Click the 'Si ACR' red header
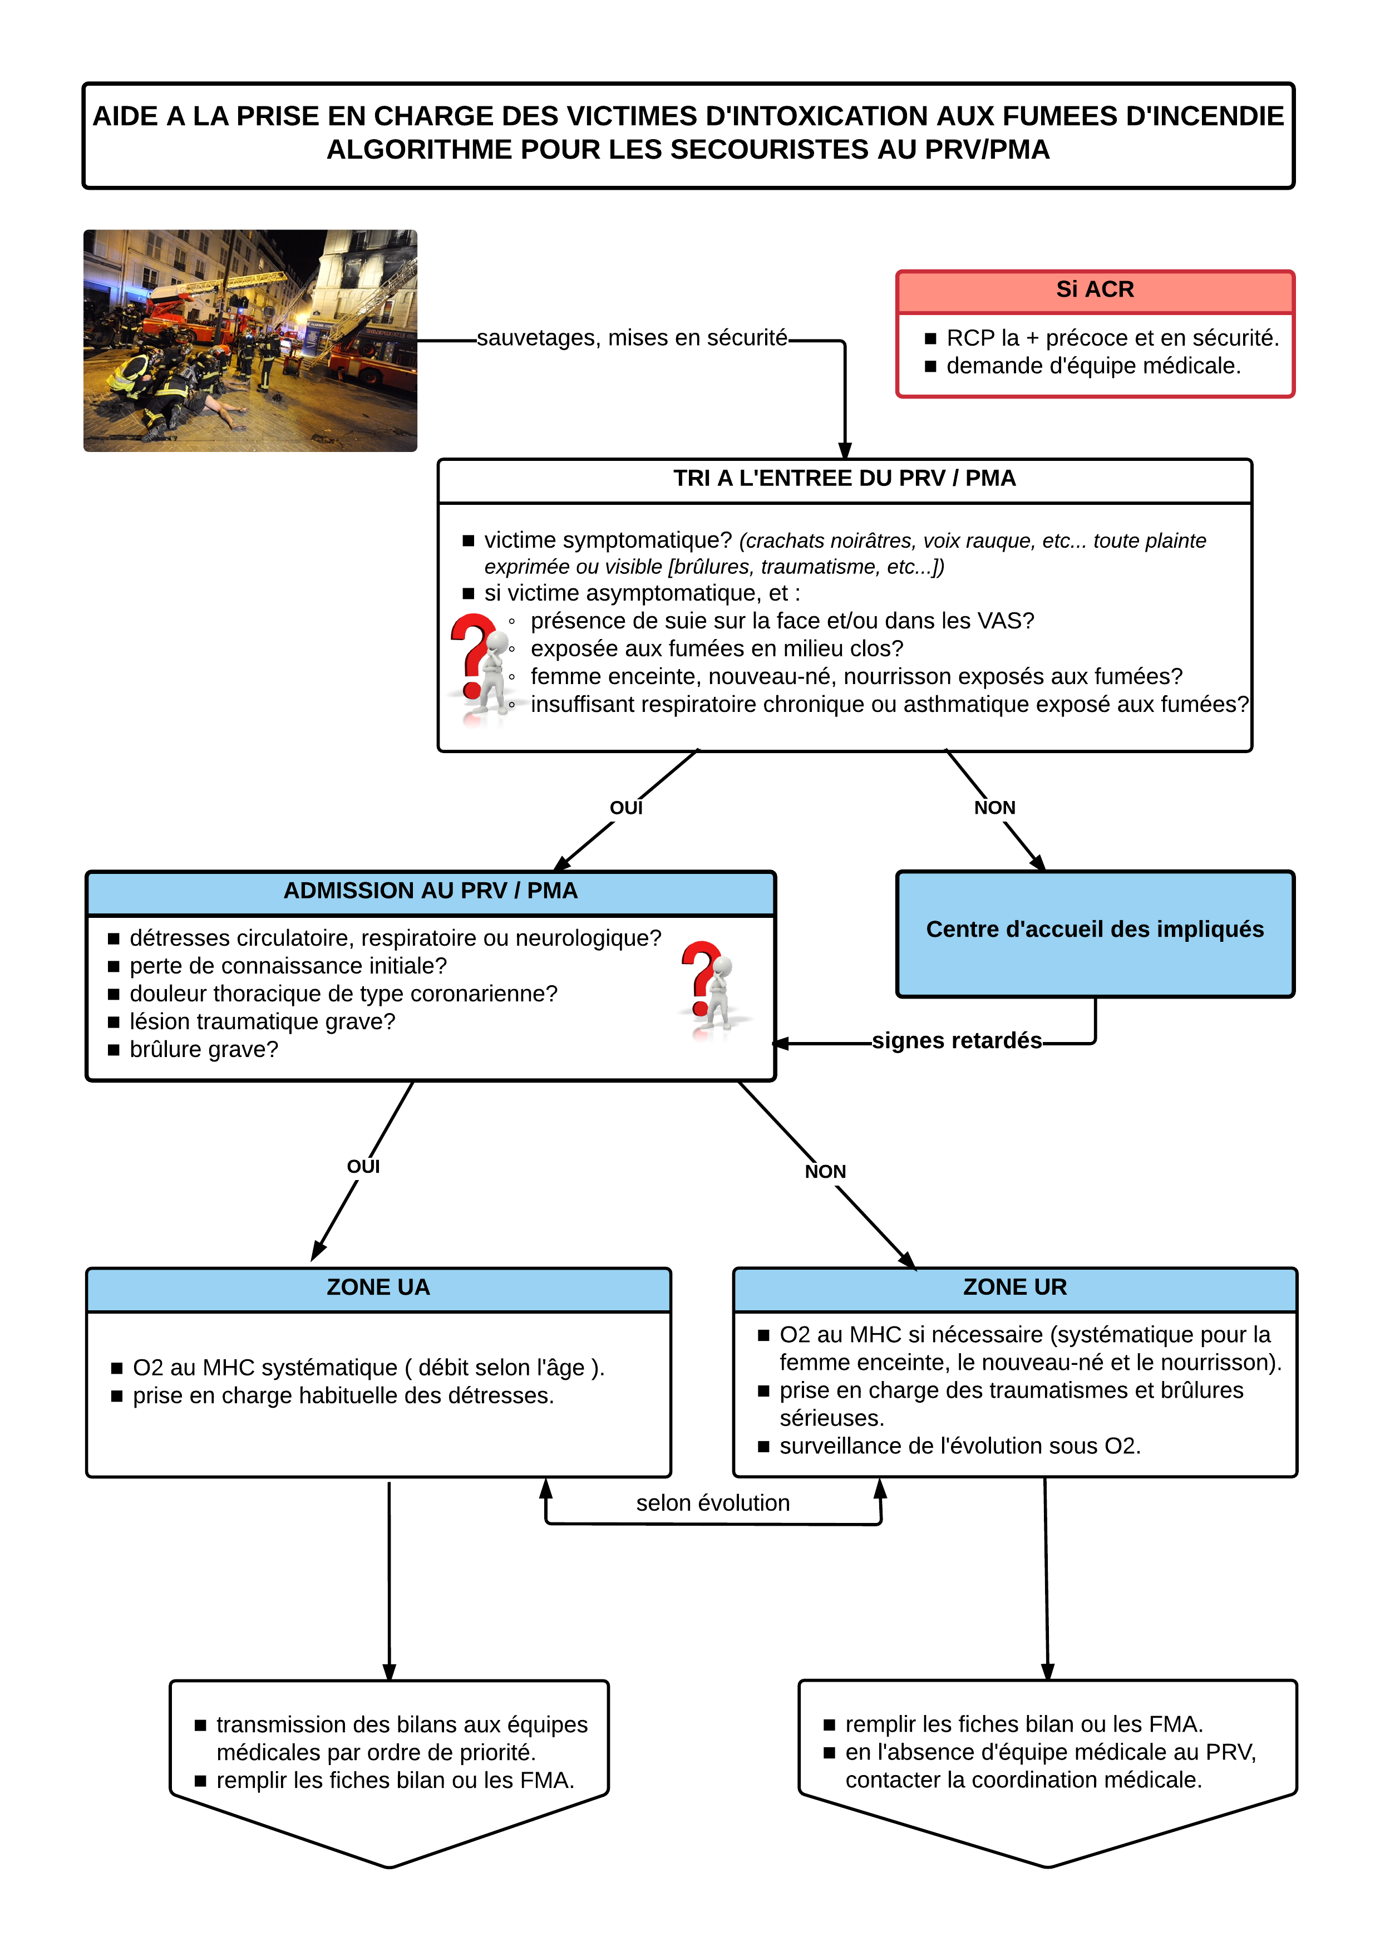click(1095, 291)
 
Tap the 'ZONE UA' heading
click(378, 1287)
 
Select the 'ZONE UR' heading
click(1014, 1287)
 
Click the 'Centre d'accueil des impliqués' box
click(1095, 933)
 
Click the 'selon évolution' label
click(713, 1503)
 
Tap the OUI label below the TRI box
click(626, 808)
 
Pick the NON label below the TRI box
click(994, 808)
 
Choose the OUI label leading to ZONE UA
click(364, 1166)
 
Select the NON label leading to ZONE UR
click(825, 1172)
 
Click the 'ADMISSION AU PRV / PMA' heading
click(430, 891)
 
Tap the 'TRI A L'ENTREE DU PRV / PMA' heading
click(845, 479)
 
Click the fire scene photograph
click(250, 340)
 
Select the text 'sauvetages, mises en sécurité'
click(632, 338)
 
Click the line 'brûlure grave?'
click(204, 1050)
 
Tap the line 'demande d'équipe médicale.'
click(1093, 366)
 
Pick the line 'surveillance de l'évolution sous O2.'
click(960, 1446)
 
